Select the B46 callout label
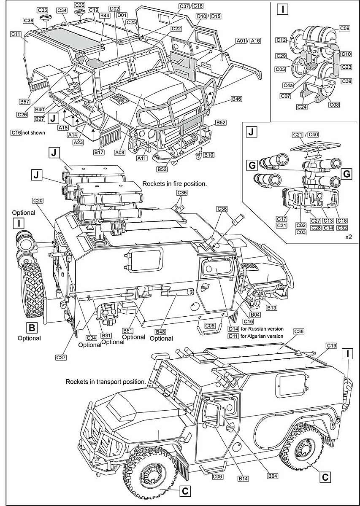coord(236,99)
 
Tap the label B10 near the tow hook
coord(208,155)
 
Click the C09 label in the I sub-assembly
coord(344,29)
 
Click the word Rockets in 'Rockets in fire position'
coord(154,184)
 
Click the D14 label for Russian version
coord(233,328)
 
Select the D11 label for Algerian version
coord(233,336)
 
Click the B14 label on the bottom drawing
coord(243,479)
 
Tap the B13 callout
coord(271,308)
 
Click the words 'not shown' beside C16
coord(33,132)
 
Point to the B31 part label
coord(106,335)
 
